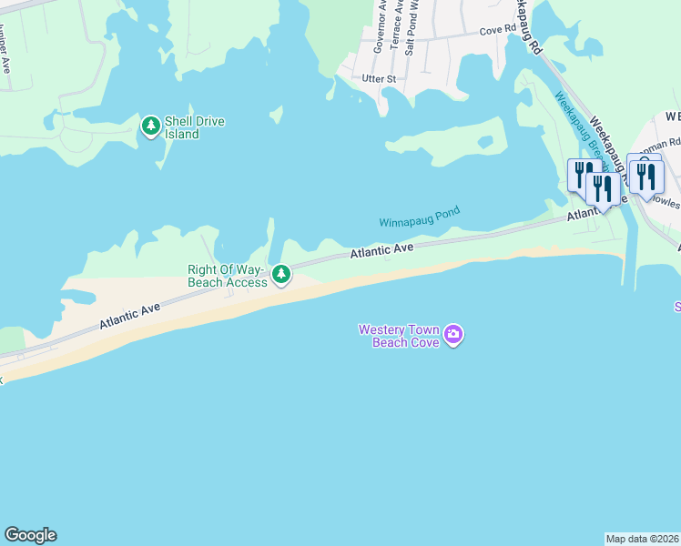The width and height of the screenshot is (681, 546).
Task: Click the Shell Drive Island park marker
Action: click(x=151, y=126)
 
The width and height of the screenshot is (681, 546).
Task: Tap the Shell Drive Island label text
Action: click(x=195, y=127)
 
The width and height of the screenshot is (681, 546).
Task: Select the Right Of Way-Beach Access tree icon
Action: click(x=282, y=274)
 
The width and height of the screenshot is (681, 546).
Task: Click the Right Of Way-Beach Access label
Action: click(x=228, y=276)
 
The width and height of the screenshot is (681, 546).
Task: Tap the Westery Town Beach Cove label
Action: click(x=400, y=336)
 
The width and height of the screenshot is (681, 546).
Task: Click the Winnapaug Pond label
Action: click(x=420, y=217)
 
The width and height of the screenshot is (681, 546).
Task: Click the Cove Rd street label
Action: click(x=497, y=29)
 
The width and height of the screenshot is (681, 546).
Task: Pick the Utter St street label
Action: click(x=379, y=79)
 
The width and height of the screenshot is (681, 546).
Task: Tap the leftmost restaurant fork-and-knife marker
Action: click(x=581, y=174)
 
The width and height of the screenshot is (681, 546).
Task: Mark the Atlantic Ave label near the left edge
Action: click(x=130, y=316)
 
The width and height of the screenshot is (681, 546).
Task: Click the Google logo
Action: click(x=30, y=535)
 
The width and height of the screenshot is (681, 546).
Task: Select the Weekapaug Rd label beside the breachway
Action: click(x=608, y=137)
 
